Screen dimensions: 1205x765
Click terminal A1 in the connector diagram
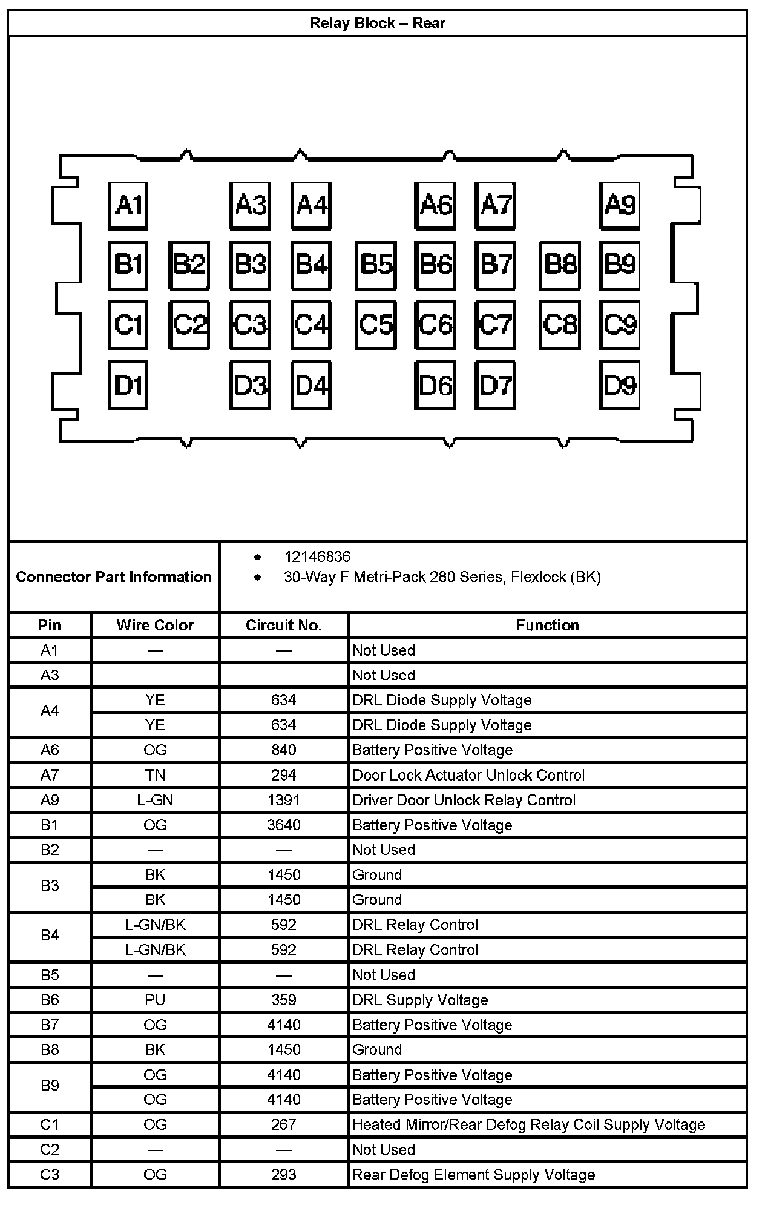point(128,205)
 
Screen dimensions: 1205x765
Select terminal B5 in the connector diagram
point(376,265)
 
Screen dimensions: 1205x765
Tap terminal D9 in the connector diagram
point(620,385)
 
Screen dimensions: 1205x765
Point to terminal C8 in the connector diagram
point(560,325)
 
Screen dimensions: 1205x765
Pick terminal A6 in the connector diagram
point(435,205)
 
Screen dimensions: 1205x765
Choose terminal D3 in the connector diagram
point(250,385)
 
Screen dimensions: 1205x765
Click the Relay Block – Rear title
point(377,24)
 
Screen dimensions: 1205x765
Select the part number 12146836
point(317,556)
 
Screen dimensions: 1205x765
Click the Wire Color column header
point(155,625)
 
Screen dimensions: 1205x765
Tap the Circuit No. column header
point(283,625)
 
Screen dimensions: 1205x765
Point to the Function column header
point(547,625)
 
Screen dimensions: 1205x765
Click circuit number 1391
point(283,800)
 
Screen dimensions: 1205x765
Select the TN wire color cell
point(155,775)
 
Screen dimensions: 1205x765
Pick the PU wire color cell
point(155,1000)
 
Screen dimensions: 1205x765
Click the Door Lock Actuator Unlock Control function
point(468,775)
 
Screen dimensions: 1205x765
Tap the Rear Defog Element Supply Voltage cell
point(474,1175)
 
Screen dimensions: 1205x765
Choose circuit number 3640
point(283,825)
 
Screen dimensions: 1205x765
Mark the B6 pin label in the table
point(50,1000)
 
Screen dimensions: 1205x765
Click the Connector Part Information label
point(114,576)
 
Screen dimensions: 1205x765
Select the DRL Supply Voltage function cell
point(420,1000)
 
